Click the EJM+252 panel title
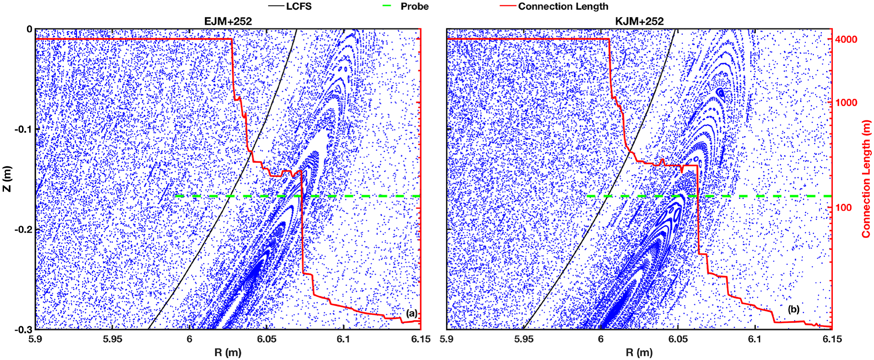[x=228, y=21]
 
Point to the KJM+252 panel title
[x=639, y=21]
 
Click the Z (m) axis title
[x=7, y=179]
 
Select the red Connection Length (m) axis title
[x=866, y=179]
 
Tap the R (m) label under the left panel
[x=228, y=352]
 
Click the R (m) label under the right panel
[x=639, y=352]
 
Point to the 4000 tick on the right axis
[x=846, y=39]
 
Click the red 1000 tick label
[x=846, y=103]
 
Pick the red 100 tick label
[x=843, y=207]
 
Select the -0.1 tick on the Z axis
[x=23, y=129]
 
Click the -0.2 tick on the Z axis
[x=23, y=230]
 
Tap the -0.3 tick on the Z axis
[x=23, y=330]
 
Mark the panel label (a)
[x=411, y=313]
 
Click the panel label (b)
[x=793, y=309]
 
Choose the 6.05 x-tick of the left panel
[x=266, y=339]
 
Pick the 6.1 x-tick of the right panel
[x=755, y=339]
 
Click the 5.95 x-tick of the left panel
[x=112, y=339]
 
